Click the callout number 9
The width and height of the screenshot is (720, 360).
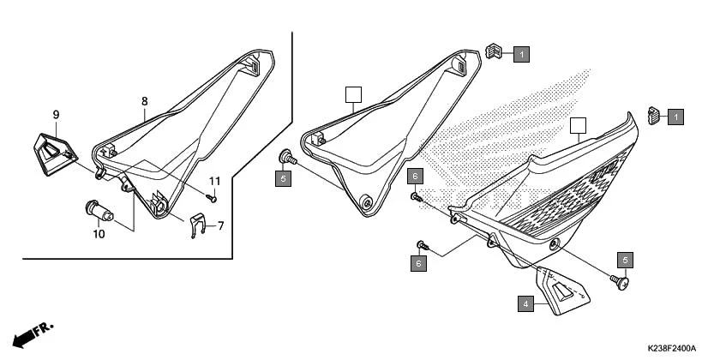(56, 115)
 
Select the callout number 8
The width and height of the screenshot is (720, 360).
(145, 101)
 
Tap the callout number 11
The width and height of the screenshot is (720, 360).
(215, 181)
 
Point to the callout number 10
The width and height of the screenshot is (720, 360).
(99, 233)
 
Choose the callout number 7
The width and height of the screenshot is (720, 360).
(220, 226)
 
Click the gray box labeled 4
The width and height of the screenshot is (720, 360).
(524, 303)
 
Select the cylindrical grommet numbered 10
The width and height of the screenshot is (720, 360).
(96, 209)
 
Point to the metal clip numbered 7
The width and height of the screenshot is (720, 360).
(196, 225)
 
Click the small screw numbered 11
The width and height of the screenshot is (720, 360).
(214, 198)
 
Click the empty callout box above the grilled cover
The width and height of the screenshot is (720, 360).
(578, 125)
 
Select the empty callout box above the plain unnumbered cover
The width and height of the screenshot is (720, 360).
(351, 93)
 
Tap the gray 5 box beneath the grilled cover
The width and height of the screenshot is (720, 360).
(625, 260)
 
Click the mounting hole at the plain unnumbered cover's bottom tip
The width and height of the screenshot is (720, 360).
(367, 203)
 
